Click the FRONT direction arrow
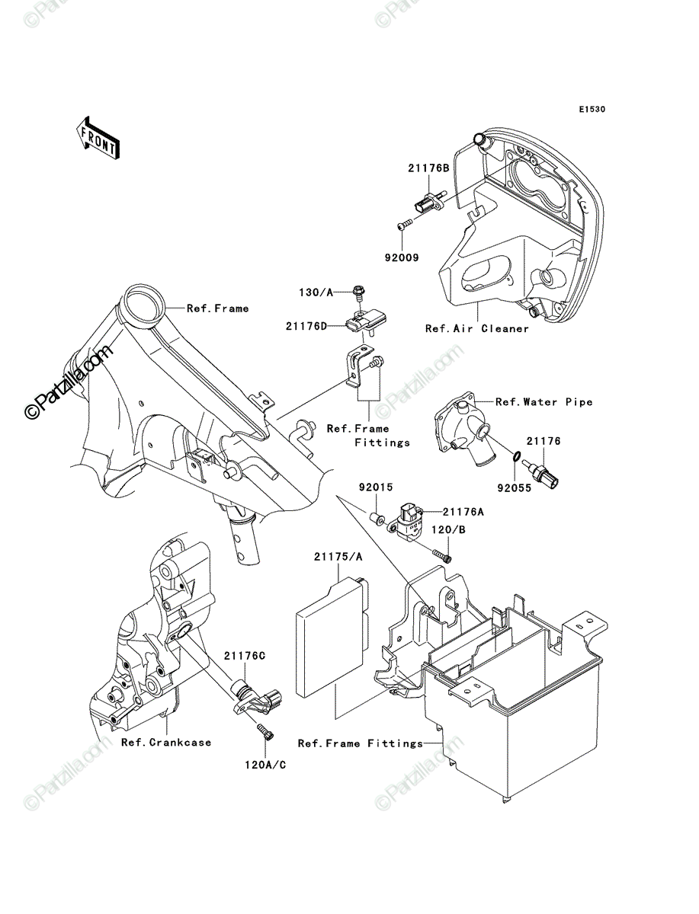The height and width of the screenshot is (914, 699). (x=98, y=138)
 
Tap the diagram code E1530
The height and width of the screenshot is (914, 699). (x=592, y=110)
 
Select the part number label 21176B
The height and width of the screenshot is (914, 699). (x=428, y=168)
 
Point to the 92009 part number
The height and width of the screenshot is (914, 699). (x=402, y=257)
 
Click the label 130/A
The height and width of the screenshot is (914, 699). (x=316, y=292)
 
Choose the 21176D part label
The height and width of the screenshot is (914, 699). (x=306, y=327)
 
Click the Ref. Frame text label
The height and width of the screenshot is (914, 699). (x=218, y=308)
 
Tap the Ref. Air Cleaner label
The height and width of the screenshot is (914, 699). (x=477, y=328)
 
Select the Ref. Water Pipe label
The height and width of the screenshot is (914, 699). (x=544, y=402)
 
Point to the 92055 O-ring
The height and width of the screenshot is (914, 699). (x=515, y=456)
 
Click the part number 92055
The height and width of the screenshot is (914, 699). (x=515, y=487)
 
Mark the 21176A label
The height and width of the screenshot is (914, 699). (x=463, y=512)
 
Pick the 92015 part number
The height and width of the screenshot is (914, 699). (x=376, y=487)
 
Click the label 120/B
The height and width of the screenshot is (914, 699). (x=448, y=529)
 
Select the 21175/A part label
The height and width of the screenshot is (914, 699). (x=338, y=557)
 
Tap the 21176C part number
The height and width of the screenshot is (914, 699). (x=245, y=656)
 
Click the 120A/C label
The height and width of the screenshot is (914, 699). (x=265, y=765)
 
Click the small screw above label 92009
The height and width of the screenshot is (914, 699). (x=405, y=225)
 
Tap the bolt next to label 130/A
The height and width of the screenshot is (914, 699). (x=358, y=292)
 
